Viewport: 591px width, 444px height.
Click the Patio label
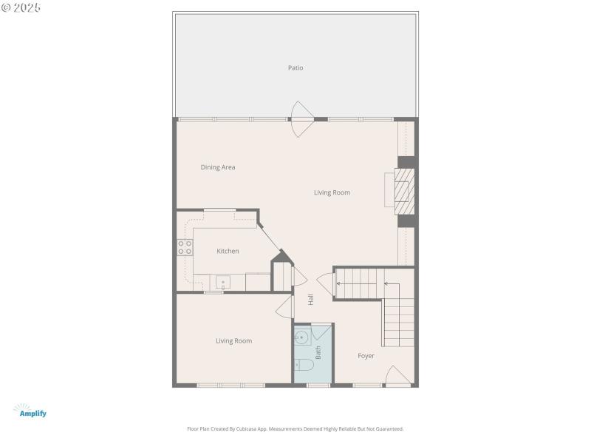[295, 68]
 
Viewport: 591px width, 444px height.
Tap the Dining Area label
[218, 167]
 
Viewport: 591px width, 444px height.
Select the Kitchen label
[228, 252]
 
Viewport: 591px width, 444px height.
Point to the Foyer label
[366, 356]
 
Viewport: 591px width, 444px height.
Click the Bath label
[318, 353]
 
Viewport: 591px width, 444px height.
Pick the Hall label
[311, 300]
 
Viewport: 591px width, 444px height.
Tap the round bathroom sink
[301, 338]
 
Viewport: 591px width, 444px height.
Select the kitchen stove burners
[185, 248]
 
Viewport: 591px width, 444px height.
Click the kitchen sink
[223, 282]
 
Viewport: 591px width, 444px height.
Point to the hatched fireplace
[403, 189]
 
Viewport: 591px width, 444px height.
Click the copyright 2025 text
[21, 7]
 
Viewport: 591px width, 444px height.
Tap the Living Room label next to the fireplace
[332, 192]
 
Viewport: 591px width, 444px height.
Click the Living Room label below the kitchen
[233, 341]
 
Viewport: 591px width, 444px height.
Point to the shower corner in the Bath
[323, 331]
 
